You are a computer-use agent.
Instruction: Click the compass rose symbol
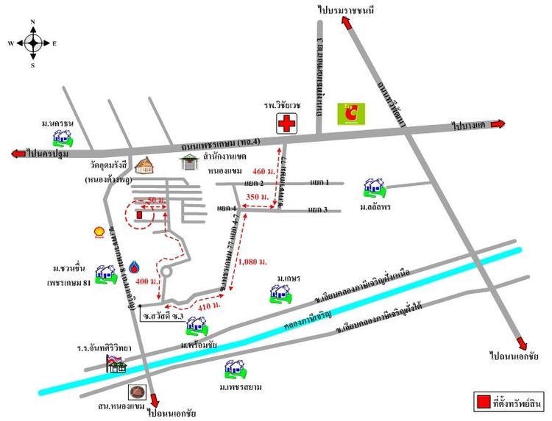tap(33, 43)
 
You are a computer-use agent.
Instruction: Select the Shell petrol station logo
tap(97, 232)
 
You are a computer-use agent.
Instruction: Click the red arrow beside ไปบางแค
tap(498, 124)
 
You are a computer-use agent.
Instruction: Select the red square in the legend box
tap(484, 401)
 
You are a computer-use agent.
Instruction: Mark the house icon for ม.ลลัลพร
tap(375, 189)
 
